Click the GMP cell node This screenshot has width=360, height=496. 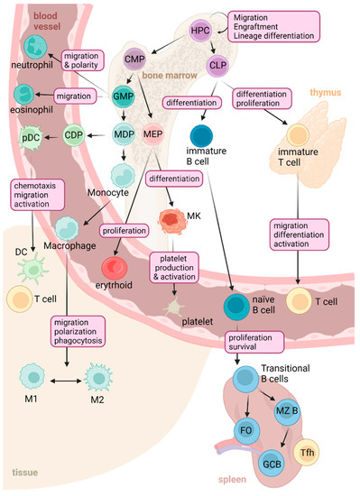(125, 96)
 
